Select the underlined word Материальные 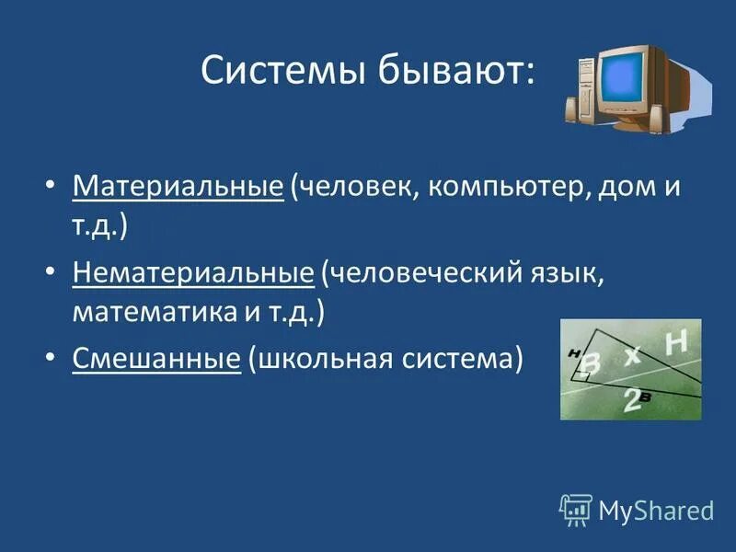pyautogui.click(x=178, y=187)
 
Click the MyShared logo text pyautogui.click(x=655, y=508)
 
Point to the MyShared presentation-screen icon pyautogui.click(x=576, y=508)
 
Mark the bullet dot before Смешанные pyautogui.click(x=52, y=358)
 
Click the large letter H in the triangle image pyautogui.click(x=675, y=343)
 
